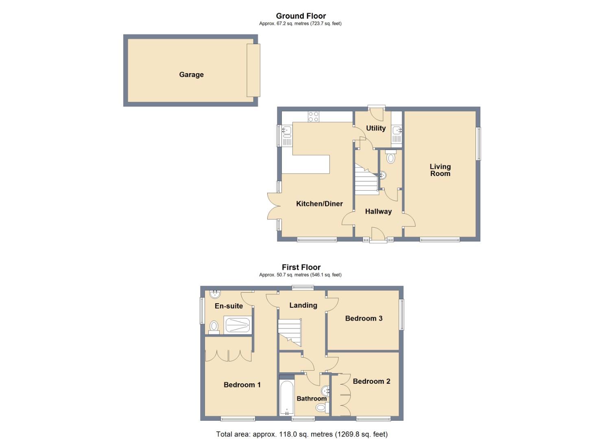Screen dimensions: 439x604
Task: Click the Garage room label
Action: click(191, 75)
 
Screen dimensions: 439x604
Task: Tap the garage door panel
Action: click(253, 70)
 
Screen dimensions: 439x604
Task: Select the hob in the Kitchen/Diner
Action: click(313, 117)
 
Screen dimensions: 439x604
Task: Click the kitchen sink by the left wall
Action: click(287, 130)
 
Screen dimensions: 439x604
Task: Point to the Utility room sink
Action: click(397, 131)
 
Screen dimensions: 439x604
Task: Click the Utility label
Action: click(375, 128)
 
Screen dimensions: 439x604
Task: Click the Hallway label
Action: click(378, 211)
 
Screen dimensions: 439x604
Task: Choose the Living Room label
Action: click(440, 170)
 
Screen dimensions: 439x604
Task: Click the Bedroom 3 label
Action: click(364, 318)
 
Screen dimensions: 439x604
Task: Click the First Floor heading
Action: click(301, 267)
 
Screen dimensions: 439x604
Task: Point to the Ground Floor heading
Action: click(301, 16)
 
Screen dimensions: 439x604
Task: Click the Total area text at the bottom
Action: click(302, 434)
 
